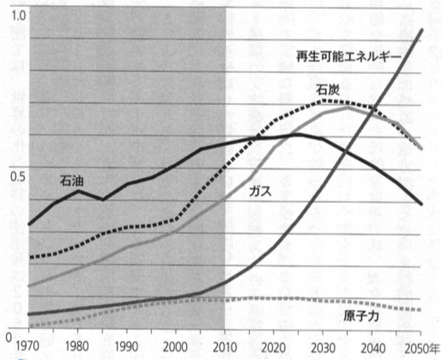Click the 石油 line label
(x=72, y=180)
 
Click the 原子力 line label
(x=361, y=316)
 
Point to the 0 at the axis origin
(x=7, y=339)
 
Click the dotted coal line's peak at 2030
(x=323, y=100)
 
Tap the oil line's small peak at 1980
(x=78, y=191)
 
